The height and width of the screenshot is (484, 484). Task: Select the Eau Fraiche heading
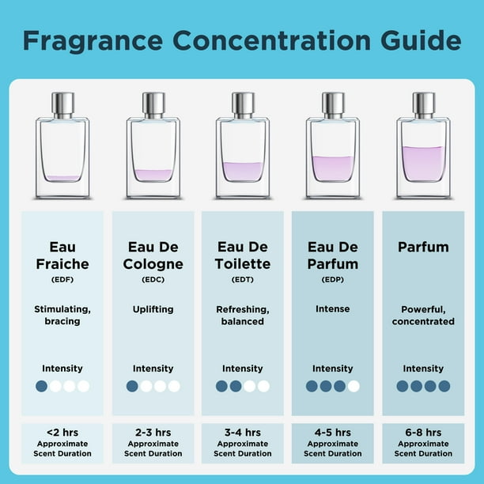pos(62,255)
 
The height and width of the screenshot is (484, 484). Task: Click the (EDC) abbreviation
pos(153,279)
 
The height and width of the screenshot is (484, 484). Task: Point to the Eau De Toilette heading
pos(243,255)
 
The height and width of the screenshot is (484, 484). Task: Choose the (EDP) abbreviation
pos(332,279)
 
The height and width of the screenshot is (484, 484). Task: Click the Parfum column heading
pos(423,248)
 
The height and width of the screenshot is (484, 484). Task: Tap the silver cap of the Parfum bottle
pos(424,104)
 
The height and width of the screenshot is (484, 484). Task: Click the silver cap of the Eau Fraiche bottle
pos(62,104)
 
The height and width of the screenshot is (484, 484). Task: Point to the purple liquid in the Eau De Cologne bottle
pos(153,175)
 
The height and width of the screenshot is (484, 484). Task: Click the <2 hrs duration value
pos(62,433)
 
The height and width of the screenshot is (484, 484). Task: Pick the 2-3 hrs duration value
pos(153,433)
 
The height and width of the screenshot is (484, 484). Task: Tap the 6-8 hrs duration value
pos(423,433)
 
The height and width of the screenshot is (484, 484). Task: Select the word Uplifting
pos(153,310)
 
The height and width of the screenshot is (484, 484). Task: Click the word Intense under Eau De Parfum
pos(332,310)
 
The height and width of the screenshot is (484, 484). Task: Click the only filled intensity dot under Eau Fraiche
pos(41,387)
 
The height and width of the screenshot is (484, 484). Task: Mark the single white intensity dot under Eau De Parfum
pos(354,387)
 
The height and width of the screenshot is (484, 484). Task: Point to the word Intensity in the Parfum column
pos(423,369)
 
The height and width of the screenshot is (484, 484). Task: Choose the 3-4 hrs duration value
pos(243,433)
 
